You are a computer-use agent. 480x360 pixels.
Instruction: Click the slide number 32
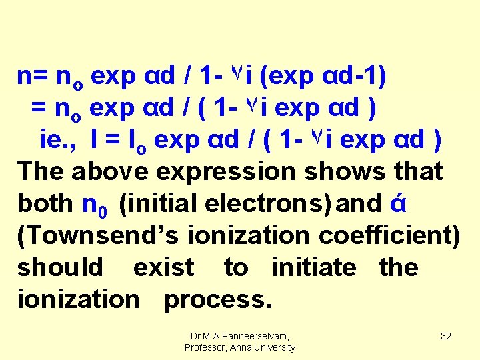(x=446, y=336)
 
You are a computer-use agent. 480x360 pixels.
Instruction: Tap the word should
(x=60, y=267)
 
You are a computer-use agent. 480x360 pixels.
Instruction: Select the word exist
(x=164, y=267)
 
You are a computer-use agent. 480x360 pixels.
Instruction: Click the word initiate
(x=314, y=267)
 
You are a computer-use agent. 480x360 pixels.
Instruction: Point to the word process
(x=218, y=299)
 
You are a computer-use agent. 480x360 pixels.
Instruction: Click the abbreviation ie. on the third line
(x=53, y=140)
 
